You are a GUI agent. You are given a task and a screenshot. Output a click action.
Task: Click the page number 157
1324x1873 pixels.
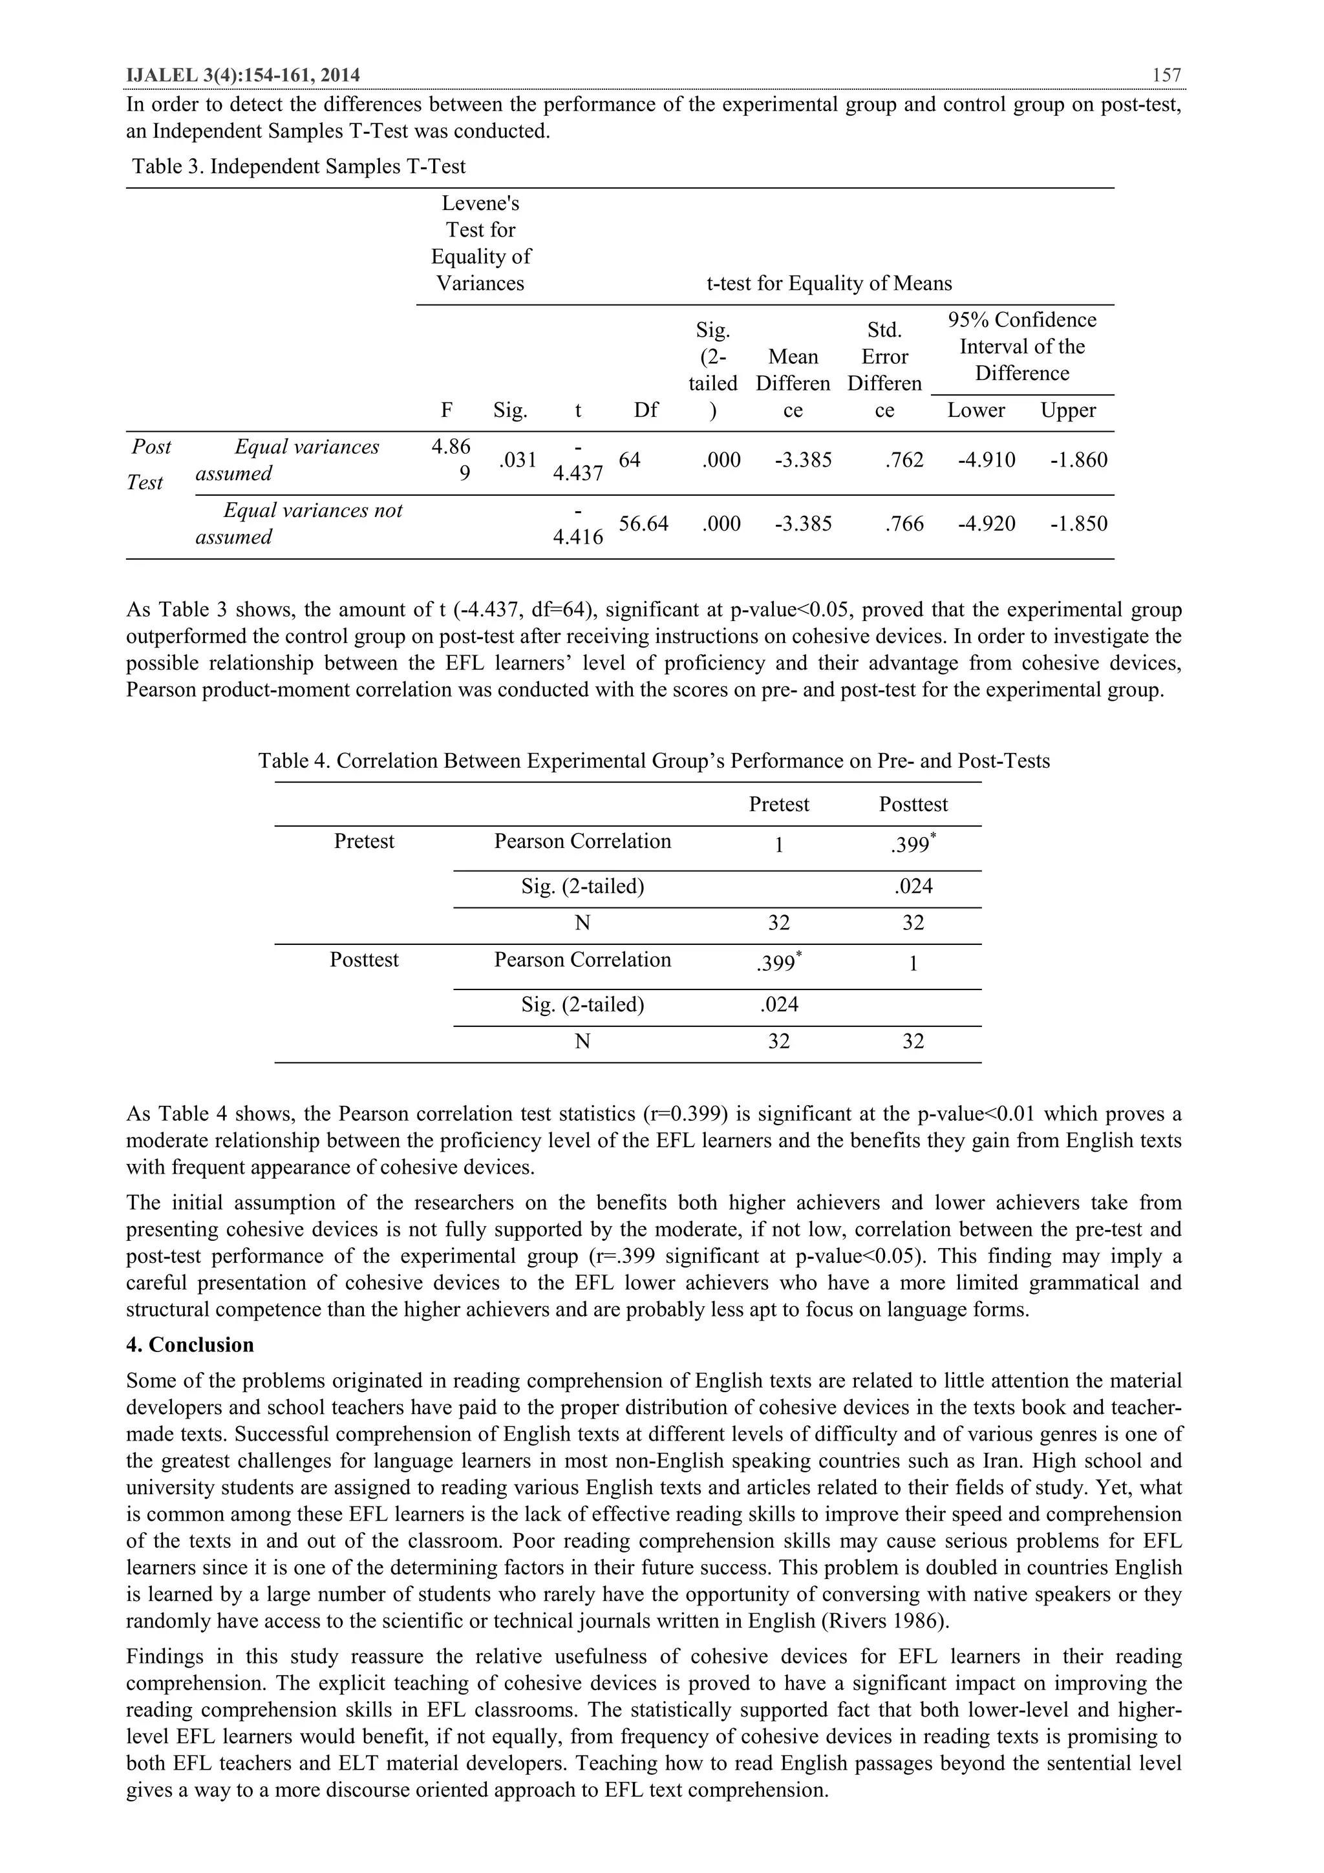click(1166, 76)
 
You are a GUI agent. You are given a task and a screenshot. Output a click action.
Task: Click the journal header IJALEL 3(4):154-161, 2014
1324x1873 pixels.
click(243, 76)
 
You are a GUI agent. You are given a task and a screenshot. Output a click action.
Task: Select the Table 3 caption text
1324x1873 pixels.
click(299, 167)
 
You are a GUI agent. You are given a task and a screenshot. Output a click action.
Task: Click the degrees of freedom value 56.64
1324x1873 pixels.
click(643, 524)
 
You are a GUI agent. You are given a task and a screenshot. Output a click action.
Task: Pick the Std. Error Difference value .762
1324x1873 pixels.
click(904, 460)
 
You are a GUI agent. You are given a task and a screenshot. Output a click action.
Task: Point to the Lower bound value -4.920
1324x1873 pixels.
click(987, 524)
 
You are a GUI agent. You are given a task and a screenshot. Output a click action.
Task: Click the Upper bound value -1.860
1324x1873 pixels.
click(1078, 460)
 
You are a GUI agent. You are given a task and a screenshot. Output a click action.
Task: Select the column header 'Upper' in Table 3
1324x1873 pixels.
click(1068, 410)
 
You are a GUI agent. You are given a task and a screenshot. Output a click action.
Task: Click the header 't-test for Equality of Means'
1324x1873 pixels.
click(829, 284)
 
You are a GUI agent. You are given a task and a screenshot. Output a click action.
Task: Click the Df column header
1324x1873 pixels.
click(646, 410)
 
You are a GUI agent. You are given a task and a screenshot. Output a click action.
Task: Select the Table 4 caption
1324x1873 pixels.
click(654, 761)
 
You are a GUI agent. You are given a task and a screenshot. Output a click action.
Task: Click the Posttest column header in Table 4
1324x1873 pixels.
click(913, 805)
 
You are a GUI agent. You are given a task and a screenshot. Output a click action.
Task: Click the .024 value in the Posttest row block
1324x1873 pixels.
click(778, 1005)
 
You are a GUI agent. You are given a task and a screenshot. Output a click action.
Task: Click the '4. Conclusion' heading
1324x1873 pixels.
click(190, 1345)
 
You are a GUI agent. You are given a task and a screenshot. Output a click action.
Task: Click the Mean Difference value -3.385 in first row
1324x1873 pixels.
click(803, 460)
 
